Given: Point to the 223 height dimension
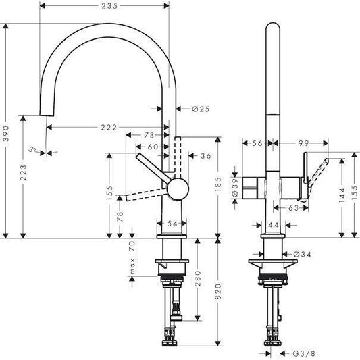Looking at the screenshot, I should (x=25, y=176).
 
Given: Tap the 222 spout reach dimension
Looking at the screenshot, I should (x=108, y=127).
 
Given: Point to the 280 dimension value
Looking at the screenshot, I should (x=197, y=278).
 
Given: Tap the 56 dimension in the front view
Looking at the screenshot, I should (x=255, y=143).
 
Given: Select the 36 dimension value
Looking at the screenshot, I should (x=206, y=156).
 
